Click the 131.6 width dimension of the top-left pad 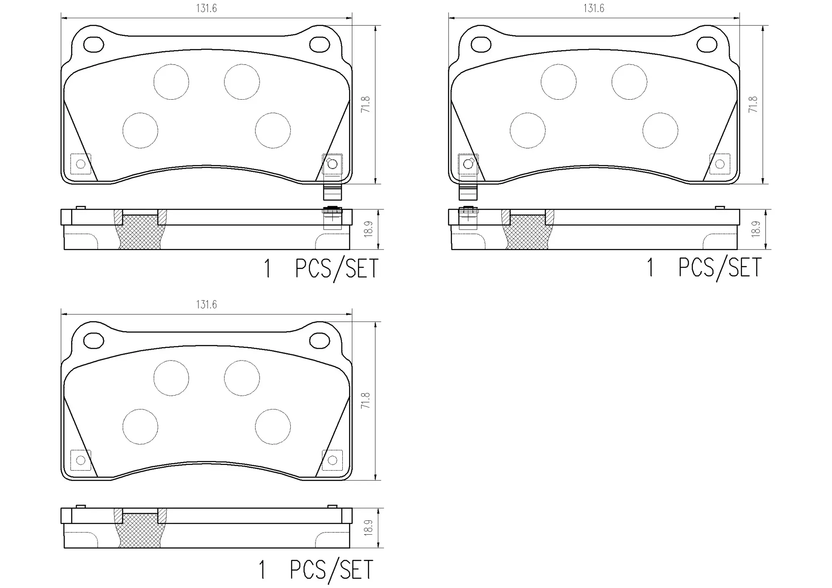206,8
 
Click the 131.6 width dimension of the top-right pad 593,8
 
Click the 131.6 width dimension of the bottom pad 206,305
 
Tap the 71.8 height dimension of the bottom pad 366,401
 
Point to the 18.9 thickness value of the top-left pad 368,229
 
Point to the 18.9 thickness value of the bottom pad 368,528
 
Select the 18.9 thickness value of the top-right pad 756,229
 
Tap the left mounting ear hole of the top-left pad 93,45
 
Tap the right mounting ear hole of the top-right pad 707,45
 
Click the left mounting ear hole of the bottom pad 93,341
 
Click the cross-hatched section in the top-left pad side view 140,233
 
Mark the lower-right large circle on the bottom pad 273,427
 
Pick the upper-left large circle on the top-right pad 559,82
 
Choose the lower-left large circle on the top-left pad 140,130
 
